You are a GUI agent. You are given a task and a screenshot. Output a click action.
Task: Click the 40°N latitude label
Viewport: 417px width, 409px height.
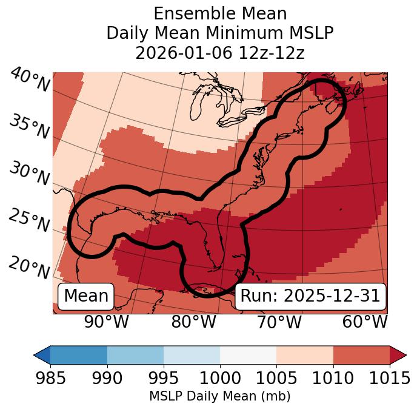[29, 80]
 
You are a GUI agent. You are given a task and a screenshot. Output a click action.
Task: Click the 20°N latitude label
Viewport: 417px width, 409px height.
[29, 268]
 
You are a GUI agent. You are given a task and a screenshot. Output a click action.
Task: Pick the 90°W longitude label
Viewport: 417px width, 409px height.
[106, 322]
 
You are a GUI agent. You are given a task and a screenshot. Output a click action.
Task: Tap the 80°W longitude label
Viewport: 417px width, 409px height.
[194, 322]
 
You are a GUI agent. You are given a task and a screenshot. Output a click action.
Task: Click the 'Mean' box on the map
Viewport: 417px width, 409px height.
[86, 296]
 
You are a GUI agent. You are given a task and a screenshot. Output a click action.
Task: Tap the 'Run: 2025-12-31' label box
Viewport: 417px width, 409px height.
[310, 296]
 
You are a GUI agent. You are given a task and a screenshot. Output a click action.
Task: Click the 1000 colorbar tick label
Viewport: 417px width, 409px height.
[220, 379]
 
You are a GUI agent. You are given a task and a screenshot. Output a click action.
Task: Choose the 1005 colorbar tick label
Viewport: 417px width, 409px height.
[276, 379]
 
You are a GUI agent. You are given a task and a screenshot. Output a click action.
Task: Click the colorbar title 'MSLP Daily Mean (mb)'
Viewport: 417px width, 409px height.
[219, 396]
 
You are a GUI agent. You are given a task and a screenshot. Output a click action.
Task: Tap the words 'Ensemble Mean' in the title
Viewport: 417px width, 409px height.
[219, 13]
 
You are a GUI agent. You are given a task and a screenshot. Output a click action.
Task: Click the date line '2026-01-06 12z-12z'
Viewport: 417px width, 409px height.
[219, 53]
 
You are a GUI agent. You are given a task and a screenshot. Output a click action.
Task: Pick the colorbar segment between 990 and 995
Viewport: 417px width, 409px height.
[135, 354]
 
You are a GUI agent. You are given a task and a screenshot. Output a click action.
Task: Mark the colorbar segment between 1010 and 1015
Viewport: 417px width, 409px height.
[361, 354]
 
